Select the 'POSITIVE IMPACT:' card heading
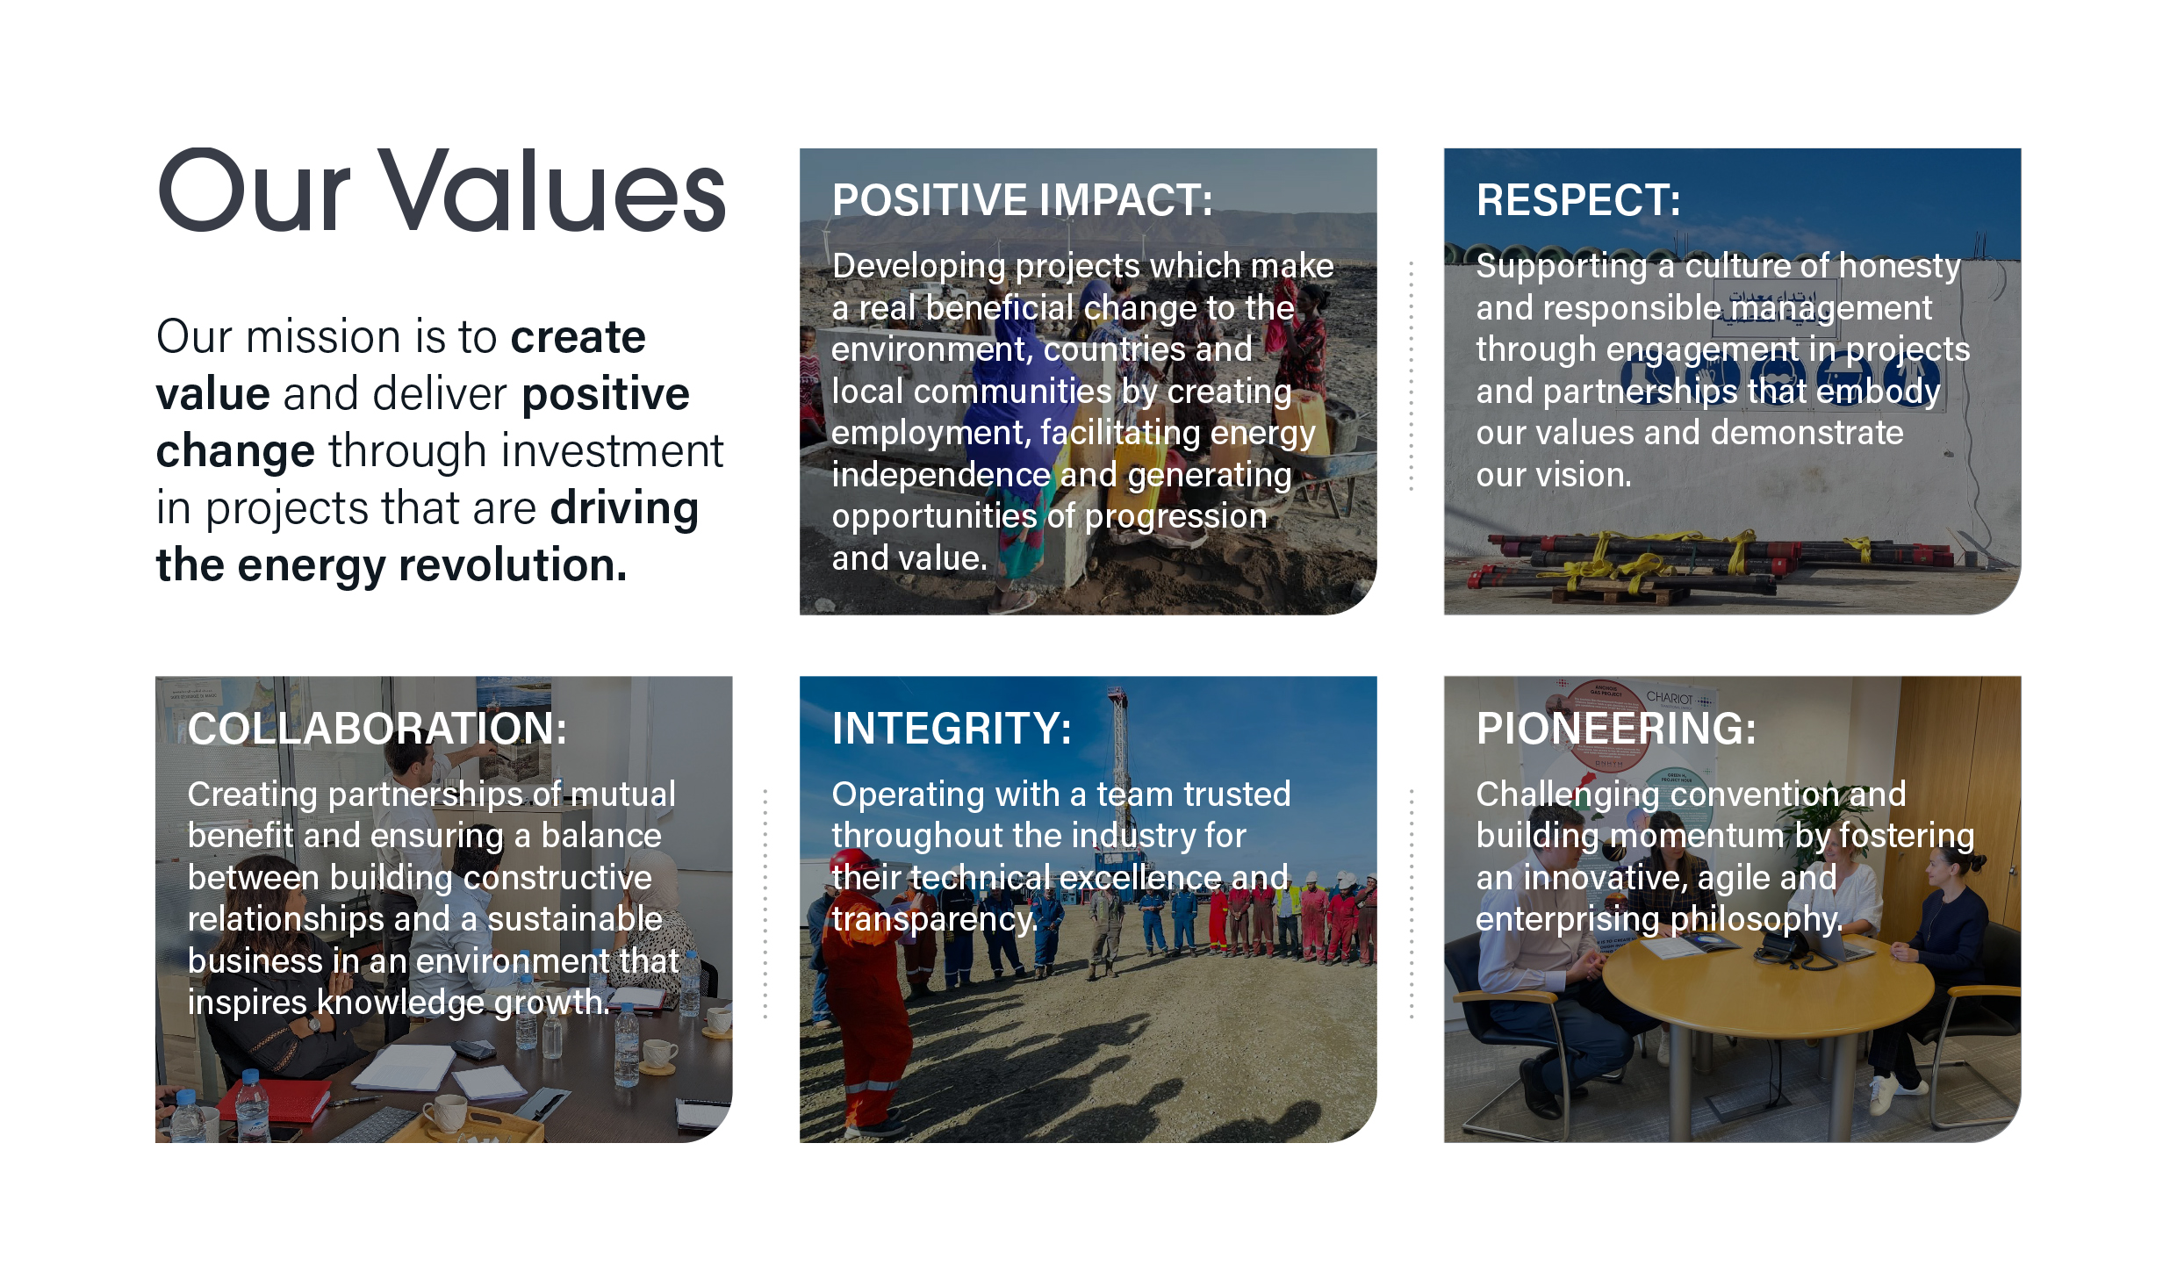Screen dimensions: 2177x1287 click(x=1023, y=200)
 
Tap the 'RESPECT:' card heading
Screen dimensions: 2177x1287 click(x=1578, y=200)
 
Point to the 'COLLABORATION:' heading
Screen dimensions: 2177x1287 click(x=377, y=729)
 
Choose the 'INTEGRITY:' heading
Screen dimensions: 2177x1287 click(x=952, y=729)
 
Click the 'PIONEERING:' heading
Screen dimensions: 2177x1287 click(x=1616, y=729)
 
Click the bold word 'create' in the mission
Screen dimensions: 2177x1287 click(x=578, y=337)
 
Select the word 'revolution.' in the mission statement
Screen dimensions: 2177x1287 click(x=514, y=564)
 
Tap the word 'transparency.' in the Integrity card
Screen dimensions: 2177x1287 click(x=935, y=919)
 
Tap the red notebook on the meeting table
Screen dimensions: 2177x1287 click(x=274, y=1102)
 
